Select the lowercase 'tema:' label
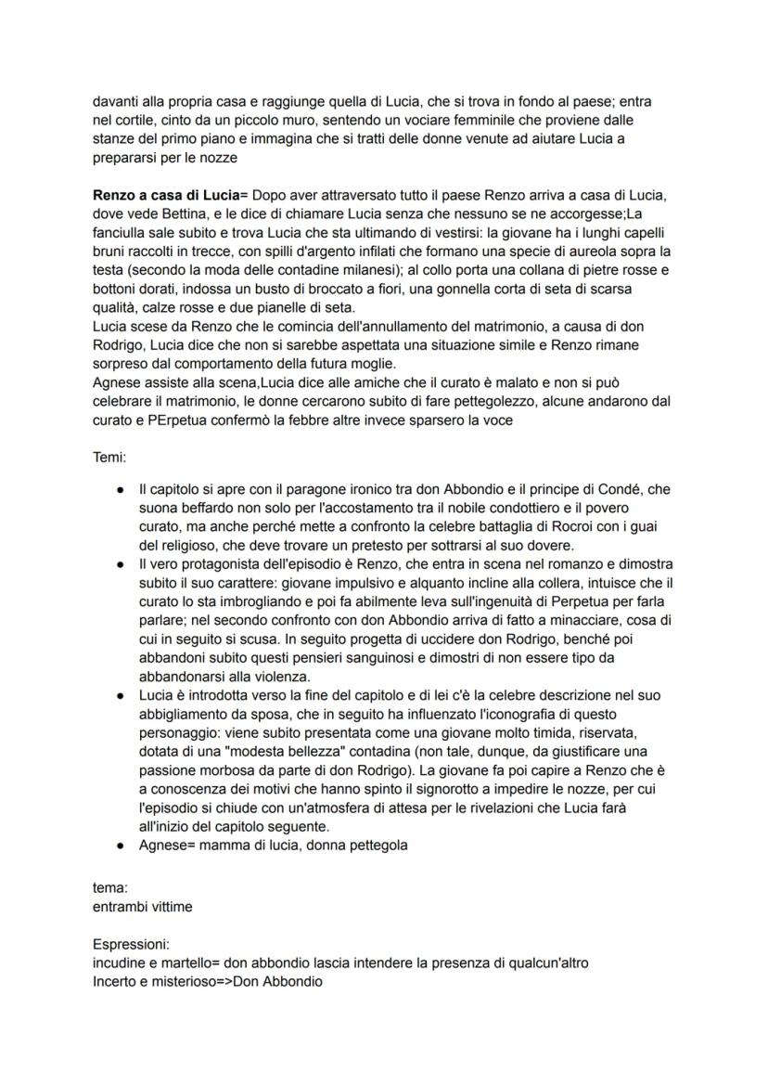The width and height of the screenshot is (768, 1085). [x=110, y=887]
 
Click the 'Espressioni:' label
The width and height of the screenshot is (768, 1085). [x=132, y=946]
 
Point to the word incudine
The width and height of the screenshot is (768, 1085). [x=122, y=962]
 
